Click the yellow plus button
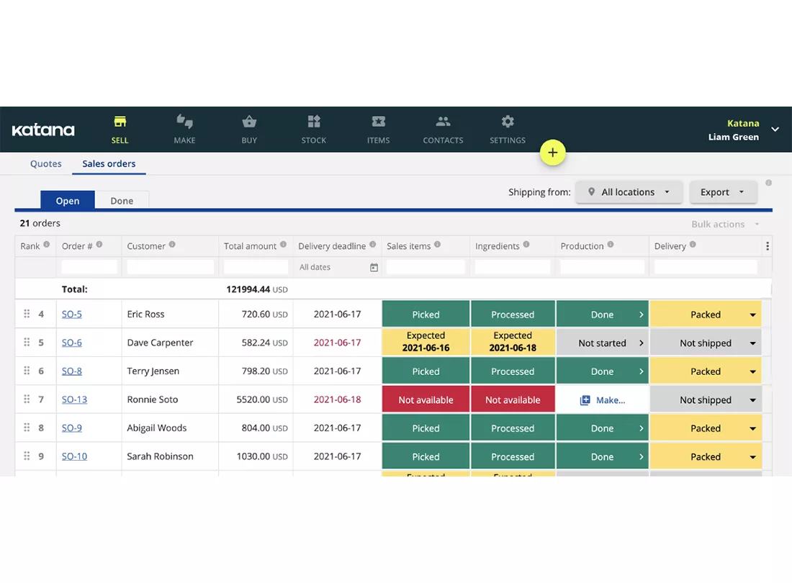pyautogui.click(x=552, y=153)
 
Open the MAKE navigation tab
pyautogui.click(x=184, y=130)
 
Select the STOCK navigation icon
pyautogui.click(x=314, y=122)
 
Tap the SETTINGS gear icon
pyautogui.click(x=508, y=122)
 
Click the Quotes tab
pyautogui.click(x=46, y=163)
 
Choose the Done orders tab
pyautogui.click(x=122, y=200)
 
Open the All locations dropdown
pyautogui.click(x=629, y=191)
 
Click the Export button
pyautogui.click(x=723, y=191)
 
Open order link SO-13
pyautogui.click(x=74, y=399)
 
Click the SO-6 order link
pyautogui.click(x=72, y=342)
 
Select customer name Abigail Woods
pyautogui.click(x=156, y=428)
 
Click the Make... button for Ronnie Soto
pyautogui.click(x=602, y=399)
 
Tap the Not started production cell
pyautogui.click(x=602, y=343)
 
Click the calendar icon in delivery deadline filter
pyautogui.click(x=374, y=268)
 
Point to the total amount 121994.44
pyautogui.click(x=248, y=289)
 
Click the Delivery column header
pyautogui.click(x=670, y=246)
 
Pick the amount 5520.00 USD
pyautogui.click(x=262, y=399)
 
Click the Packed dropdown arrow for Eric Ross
pyautogui.click(x=752, y=315)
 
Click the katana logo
pyautogui.click(x=43, y=130)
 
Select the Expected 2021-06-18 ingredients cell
pyautogui.click(x=513, y=342)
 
